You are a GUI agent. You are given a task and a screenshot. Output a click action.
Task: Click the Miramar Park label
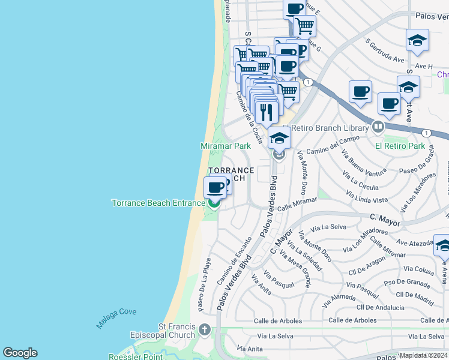click(225, 146)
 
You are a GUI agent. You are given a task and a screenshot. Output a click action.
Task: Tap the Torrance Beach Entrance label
click(158, 203)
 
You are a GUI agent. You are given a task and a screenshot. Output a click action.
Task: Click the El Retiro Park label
click(400, 146)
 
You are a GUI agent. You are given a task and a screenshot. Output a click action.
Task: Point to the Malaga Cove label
click(116, 318)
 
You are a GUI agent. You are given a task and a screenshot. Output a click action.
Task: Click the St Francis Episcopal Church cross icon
click(205, 330)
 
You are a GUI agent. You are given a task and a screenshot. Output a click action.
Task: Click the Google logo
click(20, 353)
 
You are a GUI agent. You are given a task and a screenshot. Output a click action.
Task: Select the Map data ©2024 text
click(424, 355)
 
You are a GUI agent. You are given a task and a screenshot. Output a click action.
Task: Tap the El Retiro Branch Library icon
click(378, 127)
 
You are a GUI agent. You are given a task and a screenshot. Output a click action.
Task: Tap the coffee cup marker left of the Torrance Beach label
click(215, 188)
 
